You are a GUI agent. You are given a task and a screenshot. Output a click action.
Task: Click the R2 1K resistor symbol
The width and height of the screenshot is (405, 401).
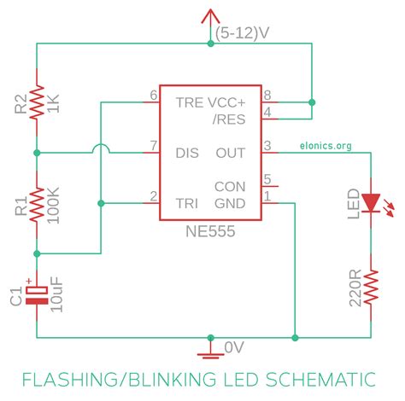(x=37, y=103)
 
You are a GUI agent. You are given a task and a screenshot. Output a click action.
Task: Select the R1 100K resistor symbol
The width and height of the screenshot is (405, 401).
(x=37, y=202)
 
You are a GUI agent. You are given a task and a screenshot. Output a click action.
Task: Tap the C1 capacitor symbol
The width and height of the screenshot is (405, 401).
(x=37, y=293)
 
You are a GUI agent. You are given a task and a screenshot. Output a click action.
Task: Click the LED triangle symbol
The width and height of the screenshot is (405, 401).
(x=371, y=202)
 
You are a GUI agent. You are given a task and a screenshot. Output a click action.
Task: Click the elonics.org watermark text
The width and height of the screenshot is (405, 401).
(x=326, y=146)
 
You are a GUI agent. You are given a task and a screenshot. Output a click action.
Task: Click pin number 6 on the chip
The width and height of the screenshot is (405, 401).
(x=154, y=95)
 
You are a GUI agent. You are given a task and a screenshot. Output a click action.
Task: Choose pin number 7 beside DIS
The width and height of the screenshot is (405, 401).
(x=154, y=145)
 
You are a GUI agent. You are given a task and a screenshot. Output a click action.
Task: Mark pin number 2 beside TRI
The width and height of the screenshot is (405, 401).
(x=154, y=195)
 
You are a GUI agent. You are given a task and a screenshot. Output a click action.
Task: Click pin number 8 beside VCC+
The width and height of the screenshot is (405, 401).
(x=267, y=95)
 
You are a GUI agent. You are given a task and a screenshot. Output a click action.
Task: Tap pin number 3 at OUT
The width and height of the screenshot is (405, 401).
(x=267, y=145)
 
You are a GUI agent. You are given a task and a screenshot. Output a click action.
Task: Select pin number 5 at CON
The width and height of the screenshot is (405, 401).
(x=267, y=179)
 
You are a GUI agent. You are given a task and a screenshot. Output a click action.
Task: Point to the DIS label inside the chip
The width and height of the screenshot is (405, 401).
(x=187, y=153)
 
